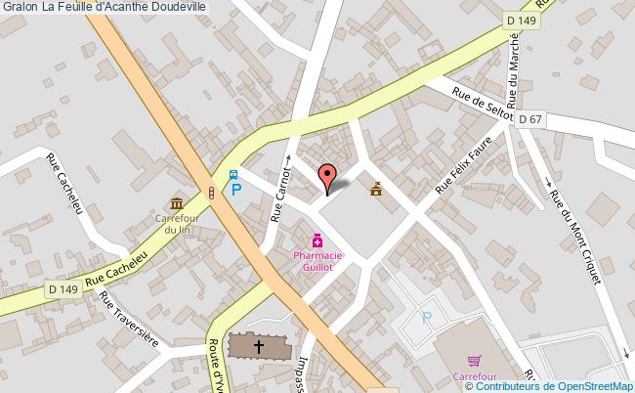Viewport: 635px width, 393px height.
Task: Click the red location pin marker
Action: [328, 176]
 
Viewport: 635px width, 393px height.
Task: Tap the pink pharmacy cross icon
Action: [317, 240]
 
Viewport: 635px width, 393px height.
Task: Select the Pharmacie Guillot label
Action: [317, 259]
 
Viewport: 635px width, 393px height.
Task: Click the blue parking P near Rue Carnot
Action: [236, 190]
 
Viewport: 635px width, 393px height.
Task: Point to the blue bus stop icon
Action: [233, 175]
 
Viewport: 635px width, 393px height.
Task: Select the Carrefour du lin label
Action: [178, 224]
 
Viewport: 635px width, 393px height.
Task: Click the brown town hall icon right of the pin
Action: [377, 188]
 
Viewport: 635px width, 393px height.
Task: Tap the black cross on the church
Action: [260, 346]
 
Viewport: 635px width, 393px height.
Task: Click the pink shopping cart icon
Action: [474, 361]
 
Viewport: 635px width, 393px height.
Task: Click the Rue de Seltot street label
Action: [483, 101]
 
